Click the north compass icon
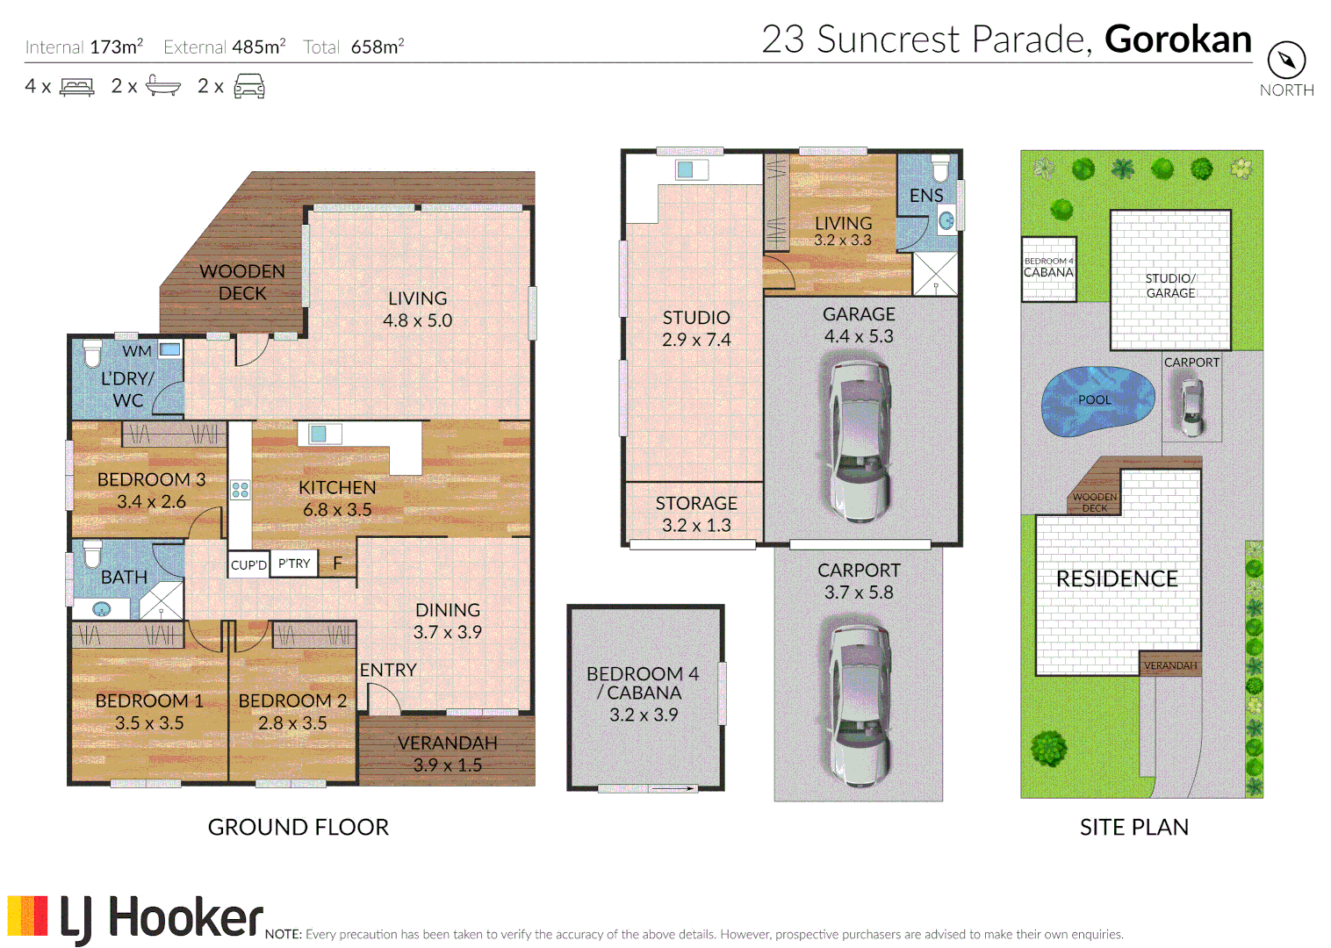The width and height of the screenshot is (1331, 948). (x=1286, y=61)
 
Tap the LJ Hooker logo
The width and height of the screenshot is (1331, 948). (x=136, y=918)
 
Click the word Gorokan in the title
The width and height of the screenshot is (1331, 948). (x=1177, y=39)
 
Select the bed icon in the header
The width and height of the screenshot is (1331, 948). (x=76, y=87)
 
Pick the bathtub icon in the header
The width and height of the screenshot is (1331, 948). (x=163, y=86)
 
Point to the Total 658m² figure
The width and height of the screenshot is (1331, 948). (x=354, y=47)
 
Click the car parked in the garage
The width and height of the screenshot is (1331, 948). (x=860, y=438)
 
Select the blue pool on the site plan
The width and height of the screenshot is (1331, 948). (x=1097, y=400)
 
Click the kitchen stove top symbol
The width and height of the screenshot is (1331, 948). (x=240, y=490)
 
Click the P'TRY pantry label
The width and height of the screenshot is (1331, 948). (x=294, y=564)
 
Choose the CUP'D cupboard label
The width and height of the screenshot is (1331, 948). (x=248, y=564)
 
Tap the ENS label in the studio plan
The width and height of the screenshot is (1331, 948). (x=925, y=196)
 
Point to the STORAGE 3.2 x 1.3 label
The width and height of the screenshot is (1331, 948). (x=695, y=513)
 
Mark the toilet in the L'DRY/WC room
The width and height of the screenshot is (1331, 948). (x=92, y=353)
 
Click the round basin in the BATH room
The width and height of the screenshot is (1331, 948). (x=102, y=608)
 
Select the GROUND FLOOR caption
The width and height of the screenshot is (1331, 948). (x=298, y=827)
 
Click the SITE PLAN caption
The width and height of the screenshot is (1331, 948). (x=1133, y=827)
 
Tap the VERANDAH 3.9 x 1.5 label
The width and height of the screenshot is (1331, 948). (x=447, y=753)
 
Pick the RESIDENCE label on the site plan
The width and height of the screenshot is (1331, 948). (x=1116, y=578)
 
